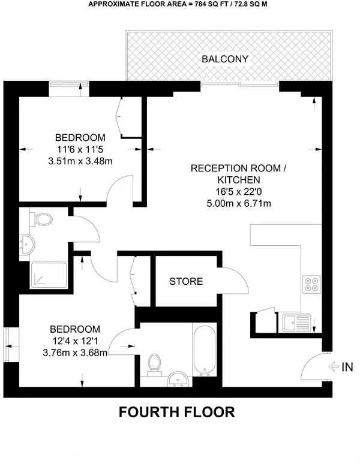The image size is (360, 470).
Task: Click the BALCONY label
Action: (x=225, y=59)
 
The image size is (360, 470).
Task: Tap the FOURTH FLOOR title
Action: (x=176, y=412)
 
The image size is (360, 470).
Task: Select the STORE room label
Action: (x=185, y=281)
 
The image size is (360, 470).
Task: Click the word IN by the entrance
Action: (x=347, y=367)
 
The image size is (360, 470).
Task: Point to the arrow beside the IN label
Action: (x=334, y=367)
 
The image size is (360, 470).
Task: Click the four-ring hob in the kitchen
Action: (x=311, y=282)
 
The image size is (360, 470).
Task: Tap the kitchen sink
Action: (x=295, y=323)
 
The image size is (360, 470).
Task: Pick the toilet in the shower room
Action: (x=43, y=220)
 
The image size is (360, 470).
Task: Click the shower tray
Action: (x=48, y=275)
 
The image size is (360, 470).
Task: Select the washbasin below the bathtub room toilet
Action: (x=178, y=378)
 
